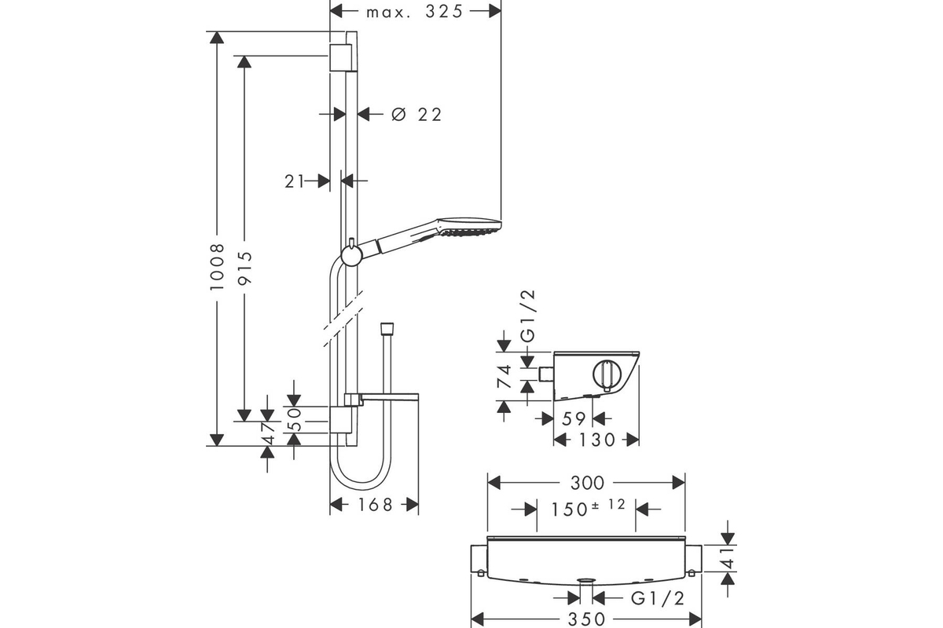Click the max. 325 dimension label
(x=414, y=12)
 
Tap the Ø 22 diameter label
(x=416, y=115)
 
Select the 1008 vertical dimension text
(x=217, y=267)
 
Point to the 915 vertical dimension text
(x=244, y=268)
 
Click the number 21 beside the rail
(x=294, y=181)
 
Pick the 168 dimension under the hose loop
(x=375, y=505)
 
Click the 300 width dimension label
(x=587, y=484)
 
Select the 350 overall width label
(x=586, y=619)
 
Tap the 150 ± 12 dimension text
(x=588, y=508)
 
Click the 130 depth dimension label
(x=597, y=440)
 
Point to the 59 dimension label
(x=574, y=419)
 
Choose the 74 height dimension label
(x=504, y=377)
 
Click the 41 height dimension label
(x=728, y=558)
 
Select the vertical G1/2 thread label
(x=528, y=316)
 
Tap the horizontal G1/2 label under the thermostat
(x=658, y=598)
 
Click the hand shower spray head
(x=469, y=227)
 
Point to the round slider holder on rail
(x=351, y=256)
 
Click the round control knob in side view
(x=607, y=375)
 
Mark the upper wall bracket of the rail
(x=340, y=57)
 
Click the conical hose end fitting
(x=387, y=329)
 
